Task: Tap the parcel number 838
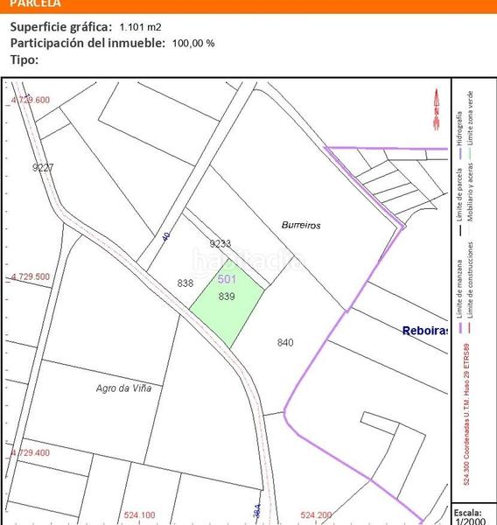coord(185,283)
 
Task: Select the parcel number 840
coord(284,342)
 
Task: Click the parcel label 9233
coord(220,244)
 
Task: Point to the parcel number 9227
coord(42,167)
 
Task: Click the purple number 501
coord(227,279)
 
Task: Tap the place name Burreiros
coord(301,225)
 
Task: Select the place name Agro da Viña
coord(124,390)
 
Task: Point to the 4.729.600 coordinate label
coord(31,101)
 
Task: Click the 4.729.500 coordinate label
coord(31,276)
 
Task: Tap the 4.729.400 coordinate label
coord(31,453)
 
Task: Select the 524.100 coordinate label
coord(140,514)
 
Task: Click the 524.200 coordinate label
coord(316,514)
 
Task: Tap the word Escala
coord(468,511)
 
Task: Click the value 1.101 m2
coord(140,27)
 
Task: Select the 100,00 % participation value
coord(193,43)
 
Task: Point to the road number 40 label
coord(165,237)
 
